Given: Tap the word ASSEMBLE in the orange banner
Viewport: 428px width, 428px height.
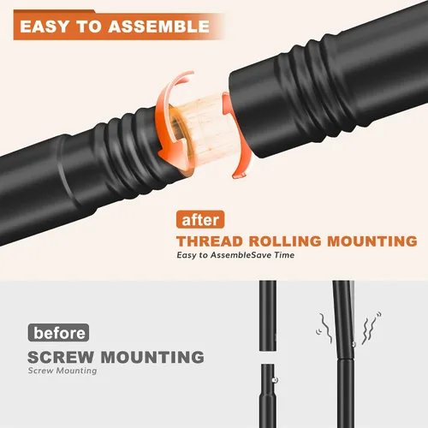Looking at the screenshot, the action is pos(159,27).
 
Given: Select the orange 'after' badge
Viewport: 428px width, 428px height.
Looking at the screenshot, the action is pos(200,220).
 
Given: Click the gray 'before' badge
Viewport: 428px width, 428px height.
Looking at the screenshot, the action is pos(58,333).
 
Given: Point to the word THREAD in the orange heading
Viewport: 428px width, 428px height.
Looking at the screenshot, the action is pos(210,241).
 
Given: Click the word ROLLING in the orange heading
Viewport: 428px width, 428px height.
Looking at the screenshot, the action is pos(285,241).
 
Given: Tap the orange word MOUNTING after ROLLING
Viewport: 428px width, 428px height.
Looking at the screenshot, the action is pos(372,241).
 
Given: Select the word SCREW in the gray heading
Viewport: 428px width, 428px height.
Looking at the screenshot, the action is pos(61,357).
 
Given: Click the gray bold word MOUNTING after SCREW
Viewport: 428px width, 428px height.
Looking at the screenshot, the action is pos(152,357).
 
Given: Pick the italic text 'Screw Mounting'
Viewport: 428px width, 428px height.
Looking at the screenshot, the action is pos(62,371).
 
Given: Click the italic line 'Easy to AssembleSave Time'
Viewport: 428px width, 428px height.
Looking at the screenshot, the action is pos(235,255).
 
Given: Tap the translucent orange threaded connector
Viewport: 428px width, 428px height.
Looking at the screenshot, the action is pos(204,131).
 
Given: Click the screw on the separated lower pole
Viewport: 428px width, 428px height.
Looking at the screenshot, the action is pos(276,380).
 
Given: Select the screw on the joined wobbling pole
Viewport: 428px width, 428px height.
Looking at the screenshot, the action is pos(354,344).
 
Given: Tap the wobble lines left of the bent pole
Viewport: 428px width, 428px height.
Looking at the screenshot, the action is pos(324,328).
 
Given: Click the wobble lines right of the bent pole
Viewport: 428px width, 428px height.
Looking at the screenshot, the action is pos(371,328).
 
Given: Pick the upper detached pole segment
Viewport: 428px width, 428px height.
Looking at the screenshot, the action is pos(268,316).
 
